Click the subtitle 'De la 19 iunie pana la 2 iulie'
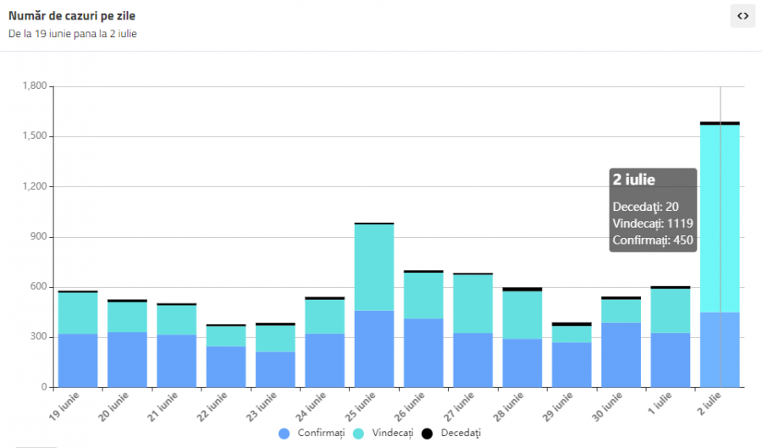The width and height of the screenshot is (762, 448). click(x=73, y=34)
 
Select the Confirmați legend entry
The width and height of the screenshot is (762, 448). click(x=312, y=434)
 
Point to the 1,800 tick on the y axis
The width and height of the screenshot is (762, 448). click(x=35, y=86)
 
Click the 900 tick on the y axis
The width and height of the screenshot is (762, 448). click(x=39, y=237)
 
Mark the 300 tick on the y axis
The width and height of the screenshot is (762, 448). click(x=39, y=337)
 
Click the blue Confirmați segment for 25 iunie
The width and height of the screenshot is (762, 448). click(x=374, y=349)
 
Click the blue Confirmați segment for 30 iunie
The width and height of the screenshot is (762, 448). click(x=621, y=355)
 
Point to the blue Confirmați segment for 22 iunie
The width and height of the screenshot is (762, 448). click(x=226, y=367)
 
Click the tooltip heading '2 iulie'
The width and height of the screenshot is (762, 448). click(x=633, y=180)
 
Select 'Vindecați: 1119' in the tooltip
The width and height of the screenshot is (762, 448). click(x=653, y=224)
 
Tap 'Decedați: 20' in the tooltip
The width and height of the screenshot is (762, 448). click(x=645, y=206)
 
